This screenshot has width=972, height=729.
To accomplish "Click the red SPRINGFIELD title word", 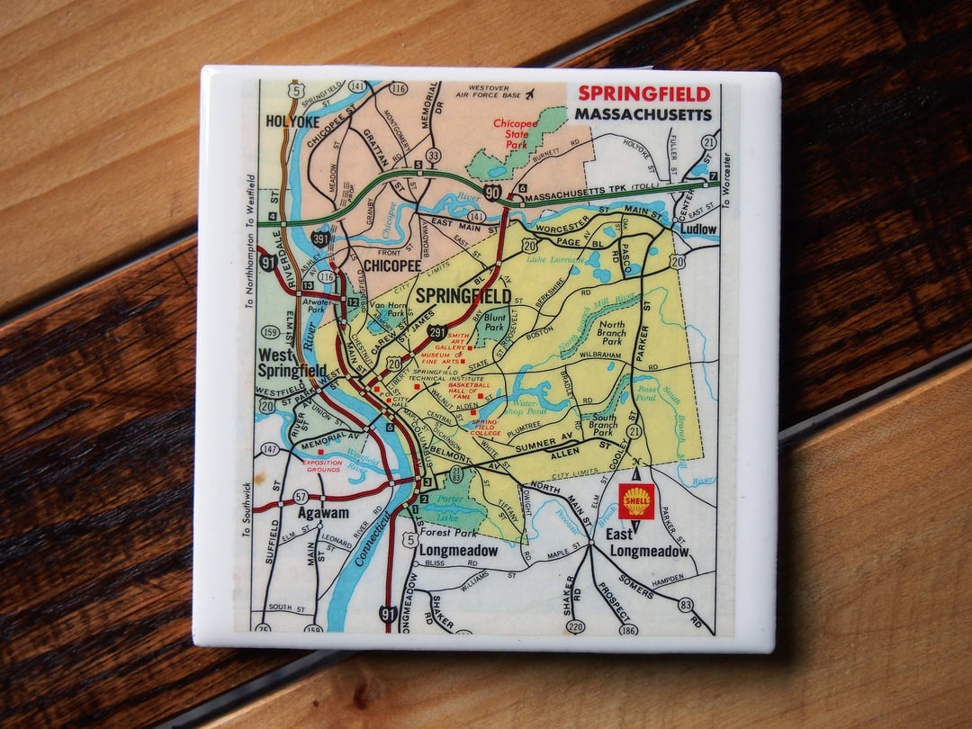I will click(x=643, y=94).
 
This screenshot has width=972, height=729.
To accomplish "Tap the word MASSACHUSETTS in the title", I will click(x=643, y=114).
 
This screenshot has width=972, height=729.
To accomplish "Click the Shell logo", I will click(x=636, y=501).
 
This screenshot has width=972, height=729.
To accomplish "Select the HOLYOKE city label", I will click(x=292, y=121).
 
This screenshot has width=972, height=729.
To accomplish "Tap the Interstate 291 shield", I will click(x=436, y=331).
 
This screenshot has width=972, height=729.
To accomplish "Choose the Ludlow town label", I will click(x=698, y=229).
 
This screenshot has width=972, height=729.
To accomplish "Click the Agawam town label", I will click(x=323, y=513).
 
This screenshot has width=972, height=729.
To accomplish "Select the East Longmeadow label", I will click(x=647, y=544).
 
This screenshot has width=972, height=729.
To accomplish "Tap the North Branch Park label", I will click(x=612, y=334).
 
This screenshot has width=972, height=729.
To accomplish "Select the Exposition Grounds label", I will click(x=321, y=465).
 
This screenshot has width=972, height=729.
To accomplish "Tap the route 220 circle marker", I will click(x=575, y=626).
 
